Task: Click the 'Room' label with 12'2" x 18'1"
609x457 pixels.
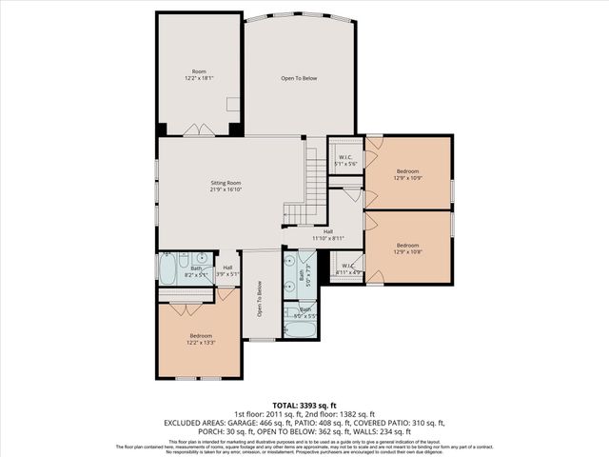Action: click(x=199, y=74)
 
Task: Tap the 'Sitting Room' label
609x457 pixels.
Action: click(x=226, y=186)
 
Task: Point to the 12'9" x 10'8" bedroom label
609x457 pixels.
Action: click(x=409, y=248)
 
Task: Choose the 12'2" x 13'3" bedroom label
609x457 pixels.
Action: click(x=201, y=339)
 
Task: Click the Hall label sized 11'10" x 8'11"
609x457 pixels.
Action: click(x=327, y=234)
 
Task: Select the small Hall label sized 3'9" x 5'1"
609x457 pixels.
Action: click(x=227, y=271)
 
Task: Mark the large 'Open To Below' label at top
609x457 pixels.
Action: click(x=298, y=78)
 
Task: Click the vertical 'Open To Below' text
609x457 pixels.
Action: click(x=258, y=301)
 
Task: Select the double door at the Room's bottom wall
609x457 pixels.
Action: click(x=199, y=130)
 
